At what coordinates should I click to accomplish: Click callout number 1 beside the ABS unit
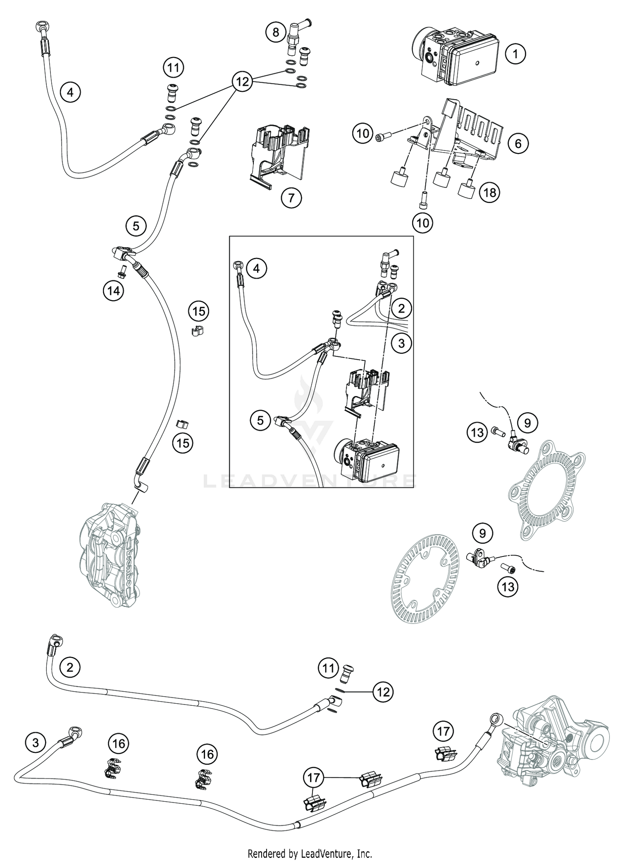coord(515,54)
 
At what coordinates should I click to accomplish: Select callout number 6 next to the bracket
coord(518,143)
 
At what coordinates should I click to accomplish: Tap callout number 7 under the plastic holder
coord(291,198)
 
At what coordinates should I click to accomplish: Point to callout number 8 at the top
coord(276,31)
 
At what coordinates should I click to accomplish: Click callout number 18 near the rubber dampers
coord(489,192)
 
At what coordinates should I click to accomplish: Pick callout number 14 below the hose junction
coord(114,291)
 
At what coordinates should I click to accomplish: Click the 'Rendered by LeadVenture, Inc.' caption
coord(310,853)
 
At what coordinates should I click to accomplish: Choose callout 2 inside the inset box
coord(401,308)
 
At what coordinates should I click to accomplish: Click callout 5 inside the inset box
coord(260,420)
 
